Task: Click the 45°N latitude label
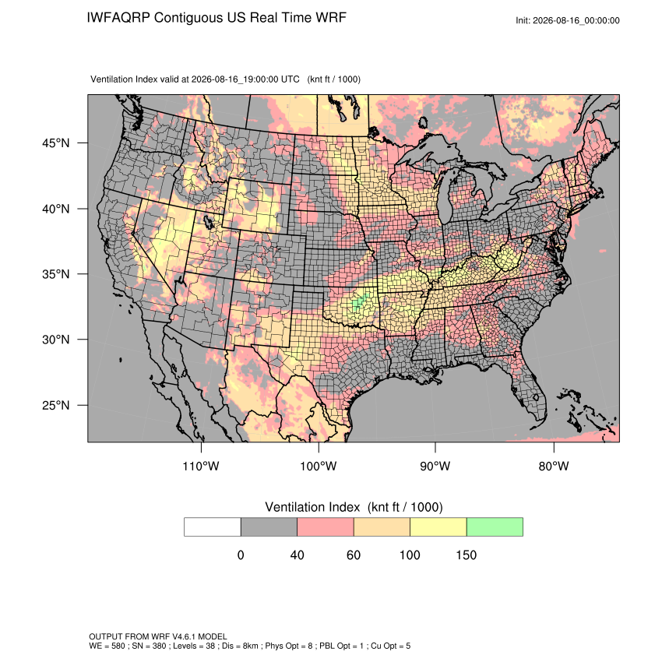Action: pyautogui.click(x=56, y=143)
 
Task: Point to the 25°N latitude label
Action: pyautogui.click(x=56, y=405)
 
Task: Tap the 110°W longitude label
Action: pyautogui.click(x=201, y=466)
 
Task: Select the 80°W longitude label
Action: pyautogui.click(x=554, y=466)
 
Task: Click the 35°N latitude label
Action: pyautogui.click(x=56, y=274)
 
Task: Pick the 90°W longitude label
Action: pyautogui.click(x=435, y=466)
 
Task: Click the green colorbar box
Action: pyautogui.click(x=495, y=527)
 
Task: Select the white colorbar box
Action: pyautogui.click(x=213, y=527)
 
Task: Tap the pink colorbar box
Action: pyautogui.click(x=326, y=527)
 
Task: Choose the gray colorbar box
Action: pyautogui.click(x=269, y=527)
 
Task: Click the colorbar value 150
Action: pyautogui.click(x=466, y=555)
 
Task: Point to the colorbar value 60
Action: pyautogui.click(x=354, y=555)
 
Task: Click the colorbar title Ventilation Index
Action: pyautogui.click(x=312, y=507)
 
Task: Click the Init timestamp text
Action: pyautogui.click(x=568, y=20)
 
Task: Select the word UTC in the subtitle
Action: pyautogui.click(x=290, y=79)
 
